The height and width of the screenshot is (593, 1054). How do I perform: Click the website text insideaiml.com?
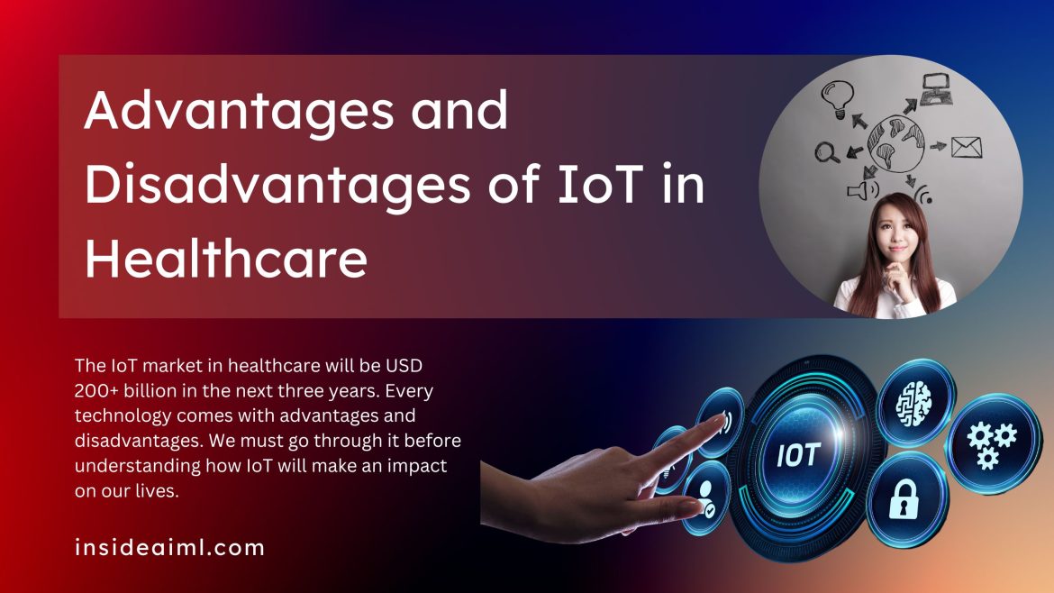(x=170, y=547)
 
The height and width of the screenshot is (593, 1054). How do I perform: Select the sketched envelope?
(x=967, y=146)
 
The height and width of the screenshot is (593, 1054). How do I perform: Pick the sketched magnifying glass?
(x=827, y=153)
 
